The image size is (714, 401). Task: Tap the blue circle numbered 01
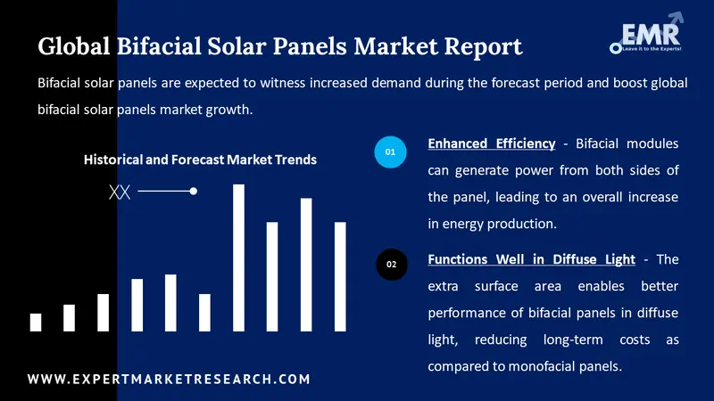point(390,152)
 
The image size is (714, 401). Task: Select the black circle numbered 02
point(390,265)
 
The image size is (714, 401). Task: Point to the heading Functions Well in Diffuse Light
point(532,259)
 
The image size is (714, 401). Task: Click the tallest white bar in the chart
point(238,258)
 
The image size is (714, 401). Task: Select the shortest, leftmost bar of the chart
point(36,323)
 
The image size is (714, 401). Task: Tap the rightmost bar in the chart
point(340,276)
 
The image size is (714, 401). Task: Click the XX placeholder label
point(119,192)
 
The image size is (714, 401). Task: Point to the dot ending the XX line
point(194,192)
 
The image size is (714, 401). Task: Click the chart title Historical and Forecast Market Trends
point(200,160)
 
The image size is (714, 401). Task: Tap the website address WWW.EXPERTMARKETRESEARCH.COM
point(170,380)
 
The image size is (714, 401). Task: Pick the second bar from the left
point(69,318)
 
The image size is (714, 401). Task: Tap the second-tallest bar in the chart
point(306,265)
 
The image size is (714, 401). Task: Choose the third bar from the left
point(103,313)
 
